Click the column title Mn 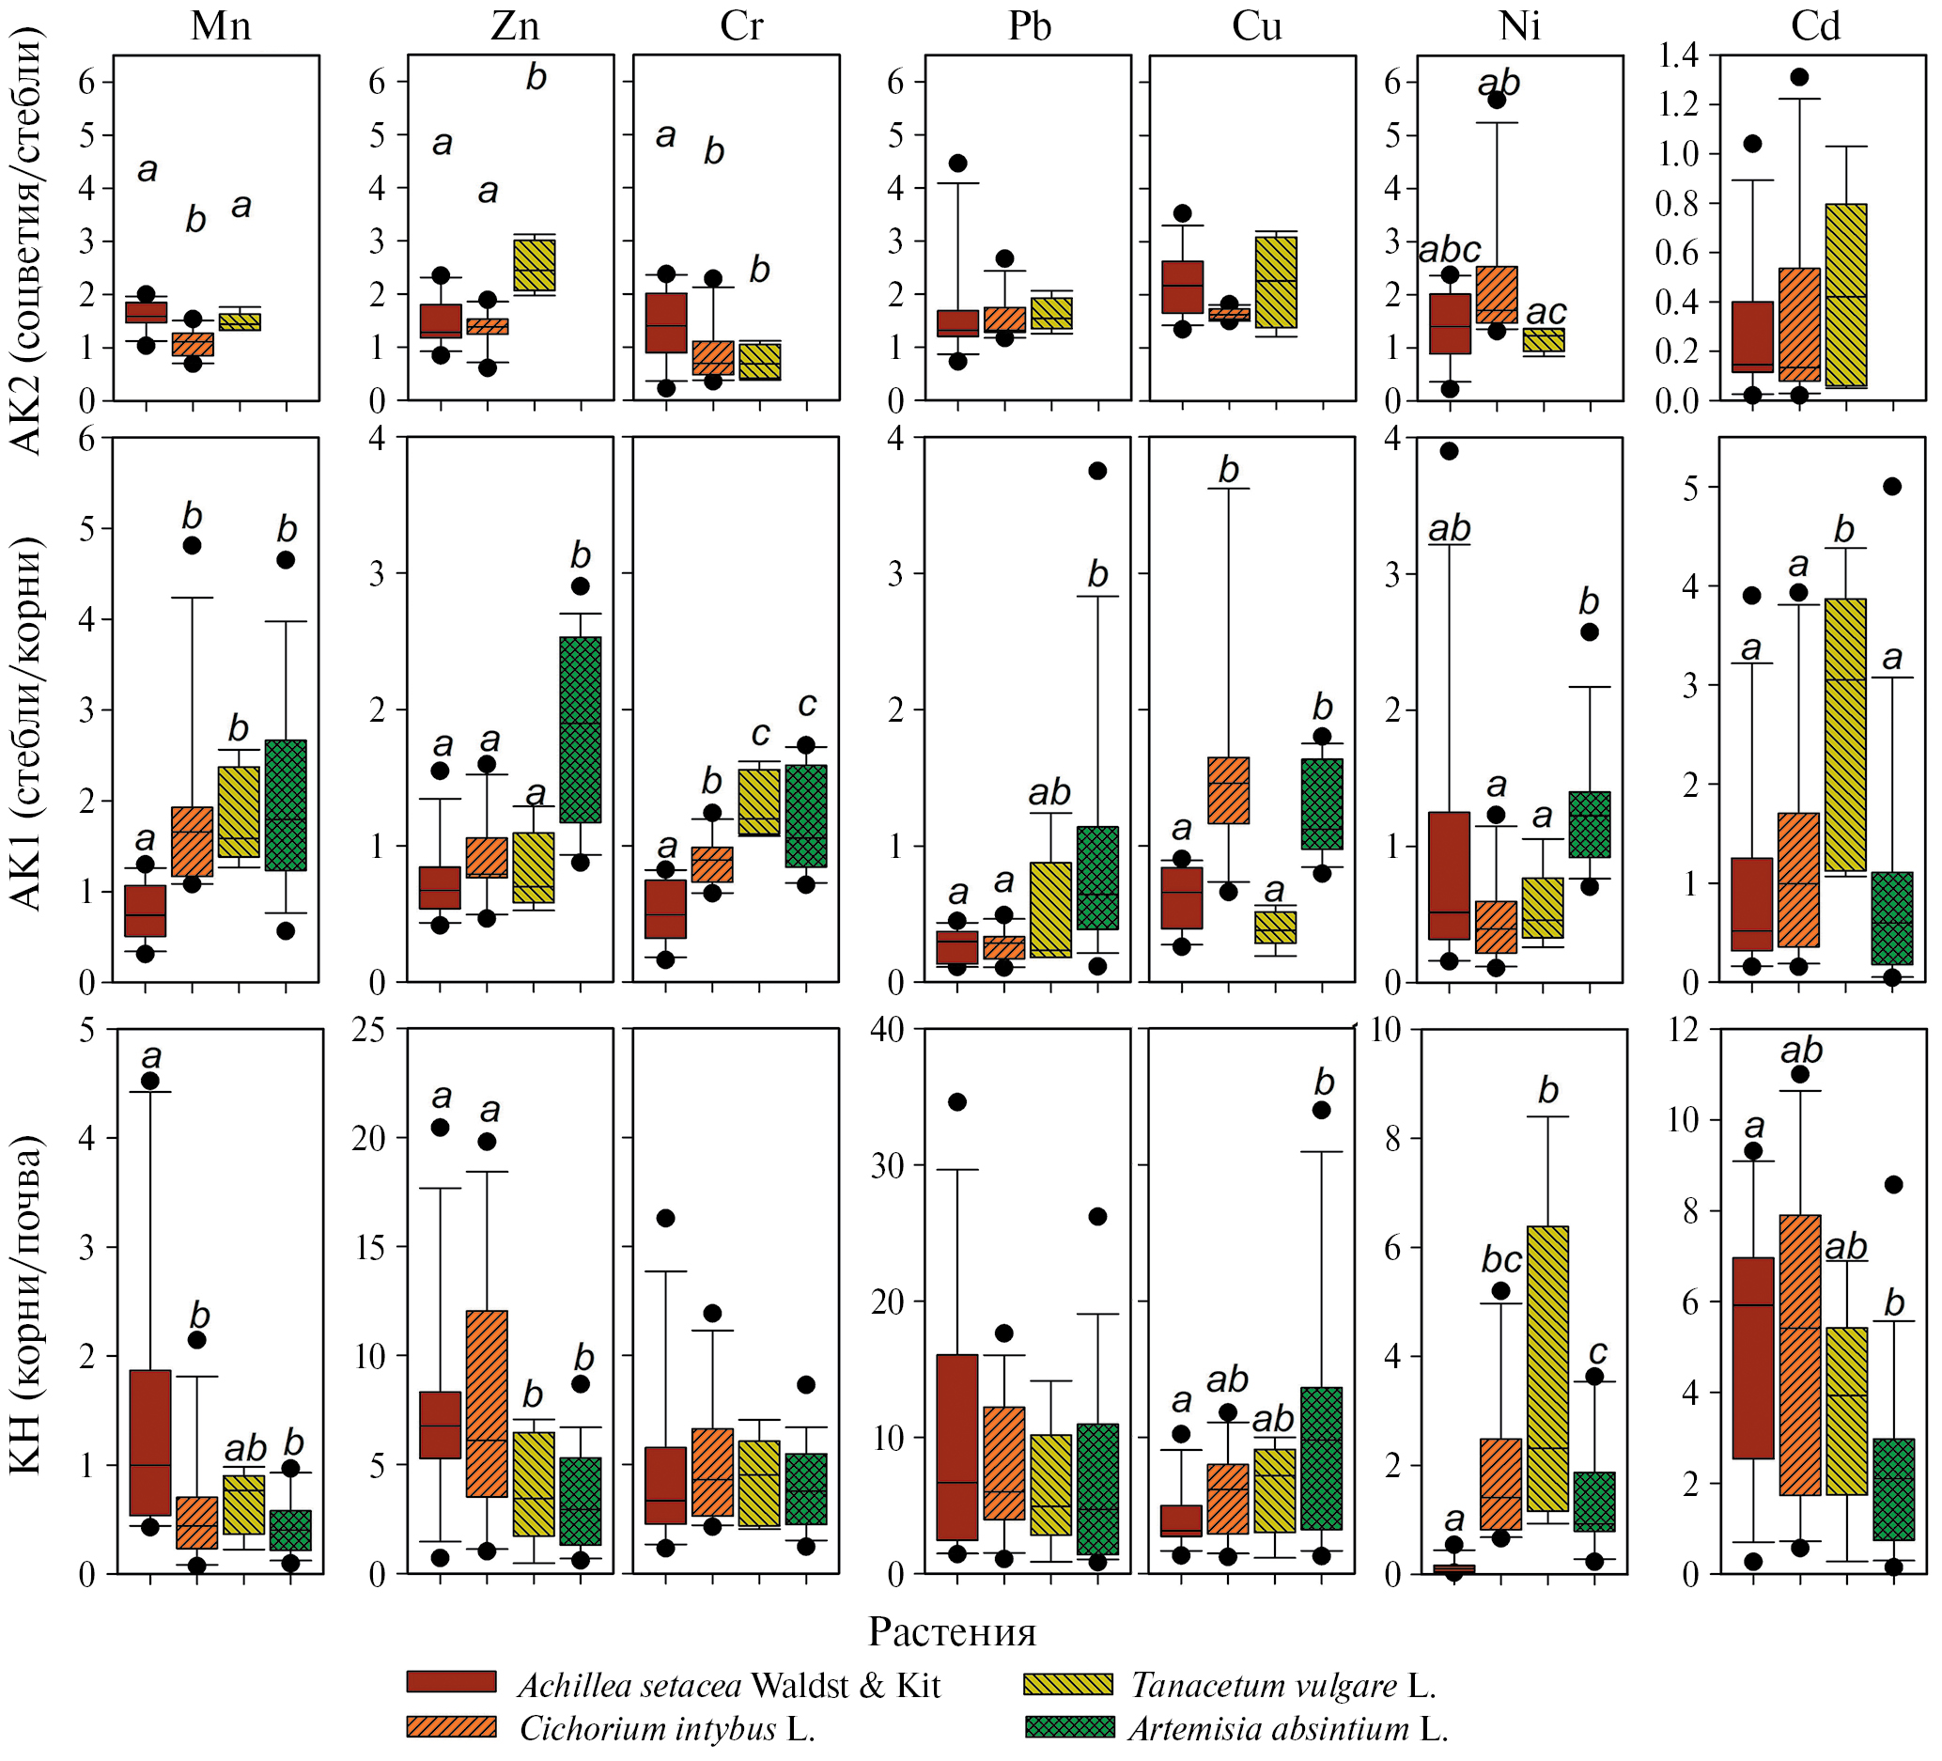221,26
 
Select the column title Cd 1815,26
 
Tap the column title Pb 1028,26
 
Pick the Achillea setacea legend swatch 451,1682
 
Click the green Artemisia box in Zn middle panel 580,729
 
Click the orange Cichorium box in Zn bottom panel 487,1403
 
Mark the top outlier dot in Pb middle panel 1097,471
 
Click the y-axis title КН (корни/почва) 26,1305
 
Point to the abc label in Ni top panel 1450,251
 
